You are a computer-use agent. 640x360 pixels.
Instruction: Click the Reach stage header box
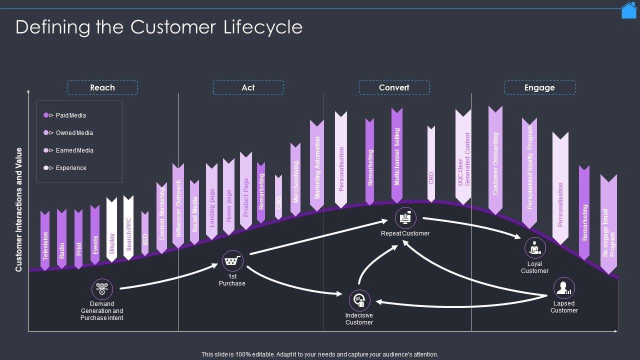(102, 87)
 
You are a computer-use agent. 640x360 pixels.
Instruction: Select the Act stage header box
(248, 87)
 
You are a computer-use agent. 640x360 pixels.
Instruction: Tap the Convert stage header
(394, 87)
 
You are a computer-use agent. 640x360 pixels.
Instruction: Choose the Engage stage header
(539, 87)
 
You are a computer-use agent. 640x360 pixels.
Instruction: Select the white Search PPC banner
(128, 228)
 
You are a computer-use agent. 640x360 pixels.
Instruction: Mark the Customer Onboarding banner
(495, 160)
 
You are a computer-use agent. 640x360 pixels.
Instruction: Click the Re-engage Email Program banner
(608, 225)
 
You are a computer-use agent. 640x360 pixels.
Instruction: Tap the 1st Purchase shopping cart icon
(232, 261)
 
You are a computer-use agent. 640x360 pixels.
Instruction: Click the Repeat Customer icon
(405, 218)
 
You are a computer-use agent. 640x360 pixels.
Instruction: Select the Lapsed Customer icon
(564, 288)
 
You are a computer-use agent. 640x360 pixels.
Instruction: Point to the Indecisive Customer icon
(359, 300)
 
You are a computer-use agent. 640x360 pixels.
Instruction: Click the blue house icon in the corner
(628, 10)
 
